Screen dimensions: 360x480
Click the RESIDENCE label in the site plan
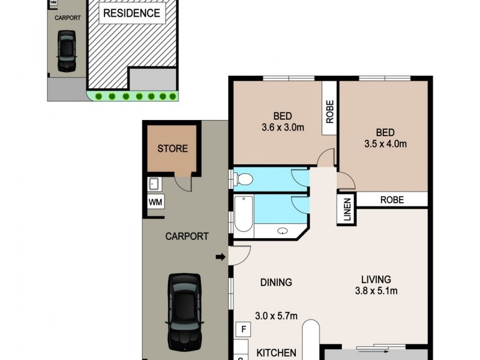[x=131, y=13]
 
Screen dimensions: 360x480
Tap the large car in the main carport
[x=184, y=311]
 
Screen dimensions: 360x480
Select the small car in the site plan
[x=66, y=51]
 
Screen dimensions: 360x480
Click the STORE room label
[x=172, y=149]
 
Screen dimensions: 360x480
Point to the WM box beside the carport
[x=155, y=203]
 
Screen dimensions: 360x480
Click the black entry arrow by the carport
[x=220, y=257]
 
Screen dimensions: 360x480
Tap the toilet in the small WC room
[x=244, y=179]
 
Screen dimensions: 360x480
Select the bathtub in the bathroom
[x=243, y=215]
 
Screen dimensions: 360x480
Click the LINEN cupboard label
[x=347, y=211]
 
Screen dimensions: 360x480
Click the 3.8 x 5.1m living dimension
[x=376, y=291]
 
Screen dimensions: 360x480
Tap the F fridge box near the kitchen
[x=244, y=329]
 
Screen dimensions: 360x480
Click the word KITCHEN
[x=276, y=352]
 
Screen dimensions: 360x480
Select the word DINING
[x=276, y=282]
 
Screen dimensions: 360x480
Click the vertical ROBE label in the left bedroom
[x=329, y=110]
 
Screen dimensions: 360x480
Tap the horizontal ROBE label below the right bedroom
[x=391, y=200]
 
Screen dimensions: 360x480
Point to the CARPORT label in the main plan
[x=187, y=236]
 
